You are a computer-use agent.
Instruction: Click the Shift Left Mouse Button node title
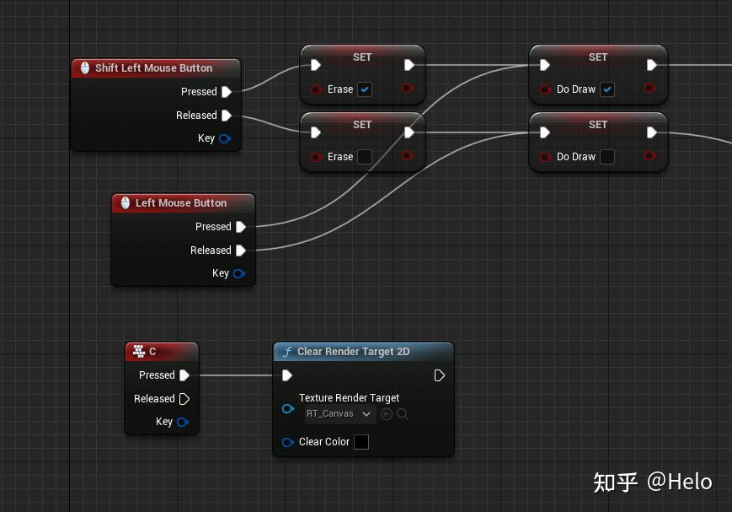(153, 68)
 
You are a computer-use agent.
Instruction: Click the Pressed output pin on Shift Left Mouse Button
(226, 92)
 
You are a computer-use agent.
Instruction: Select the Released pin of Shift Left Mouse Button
(226, 116)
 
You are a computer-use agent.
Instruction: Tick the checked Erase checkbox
(364, 89)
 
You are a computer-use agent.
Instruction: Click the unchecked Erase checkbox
(364, 157)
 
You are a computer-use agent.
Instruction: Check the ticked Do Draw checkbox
(606, 89)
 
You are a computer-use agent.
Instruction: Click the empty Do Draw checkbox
(606, 157)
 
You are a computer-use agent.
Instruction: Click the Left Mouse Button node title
(180, 203)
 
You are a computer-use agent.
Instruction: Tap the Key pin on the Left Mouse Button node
(238, 273)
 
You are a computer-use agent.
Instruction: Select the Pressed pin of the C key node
(184, 375)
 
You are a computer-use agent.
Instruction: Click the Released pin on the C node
(184, 399)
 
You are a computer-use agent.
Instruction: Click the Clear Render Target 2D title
(353, 352)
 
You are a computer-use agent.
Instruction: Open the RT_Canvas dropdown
(339, 414)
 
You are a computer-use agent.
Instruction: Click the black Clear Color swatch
(361, 442)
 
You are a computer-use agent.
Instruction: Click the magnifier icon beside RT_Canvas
(403, 414)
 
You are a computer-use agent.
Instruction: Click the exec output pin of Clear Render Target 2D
(439, 375)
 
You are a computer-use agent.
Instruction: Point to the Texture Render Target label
(349, 398)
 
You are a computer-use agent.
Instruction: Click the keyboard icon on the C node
(139, 352)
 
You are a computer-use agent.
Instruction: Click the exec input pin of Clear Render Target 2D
(287, 375)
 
